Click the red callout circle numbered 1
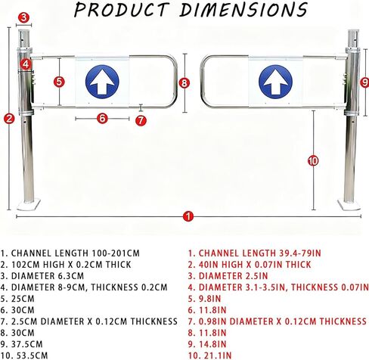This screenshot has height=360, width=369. (188, 216)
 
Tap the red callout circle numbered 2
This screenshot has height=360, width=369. (9, 118)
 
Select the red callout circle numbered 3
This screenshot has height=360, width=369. (23, 17)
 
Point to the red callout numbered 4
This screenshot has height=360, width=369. (26, 64)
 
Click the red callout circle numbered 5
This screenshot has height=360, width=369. (59, 82)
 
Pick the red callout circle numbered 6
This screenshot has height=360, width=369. (102, 118)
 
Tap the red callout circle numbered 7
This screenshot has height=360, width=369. (141, 120)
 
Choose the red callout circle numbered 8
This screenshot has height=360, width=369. (184, 83)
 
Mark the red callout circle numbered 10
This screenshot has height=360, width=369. (313, 161)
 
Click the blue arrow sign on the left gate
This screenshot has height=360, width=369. (102, 82)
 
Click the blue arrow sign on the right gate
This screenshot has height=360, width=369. (275, 82)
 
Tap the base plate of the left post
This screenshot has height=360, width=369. (29, 204)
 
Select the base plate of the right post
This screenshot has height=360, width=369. (349, 204)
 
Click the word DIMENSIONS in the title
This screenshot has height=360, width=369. (243, 10)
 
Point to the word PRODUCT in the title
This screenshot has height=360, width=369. (121, 10)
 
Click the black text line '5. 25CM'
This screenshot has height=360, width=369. (17, 299)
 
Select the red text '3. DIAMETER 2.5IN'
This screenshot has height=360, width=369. (228, 276)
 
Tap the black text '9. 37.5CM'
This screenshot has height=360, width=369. (21, 344)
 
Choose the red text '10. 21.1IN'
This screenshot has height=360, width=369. (209, 355)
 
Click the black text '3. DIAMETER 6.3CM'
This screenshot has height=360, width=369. (42, 276)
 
